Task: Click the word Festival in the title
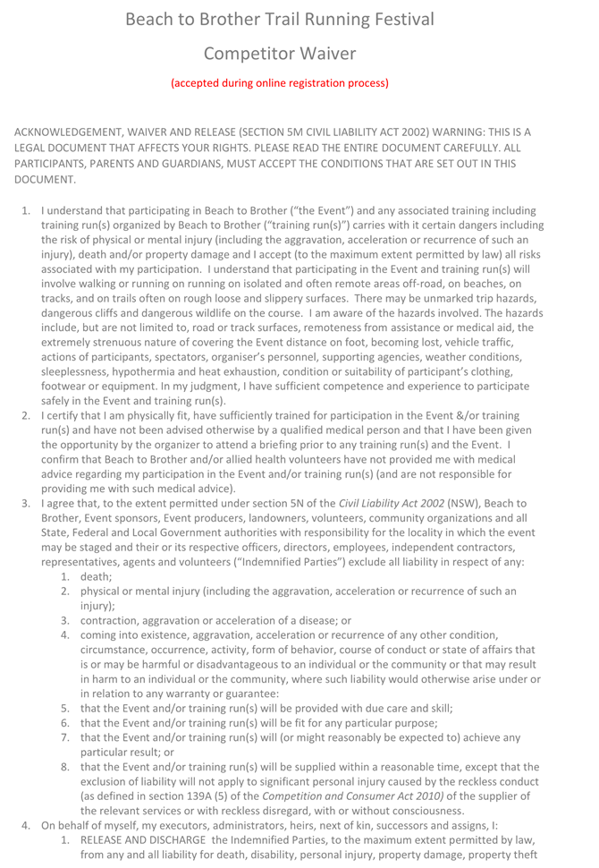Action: [x=393, y=19]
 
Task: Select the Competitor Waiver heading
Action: [x=280, y=54]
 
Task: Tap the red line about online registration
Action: [x=280, y=83]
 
